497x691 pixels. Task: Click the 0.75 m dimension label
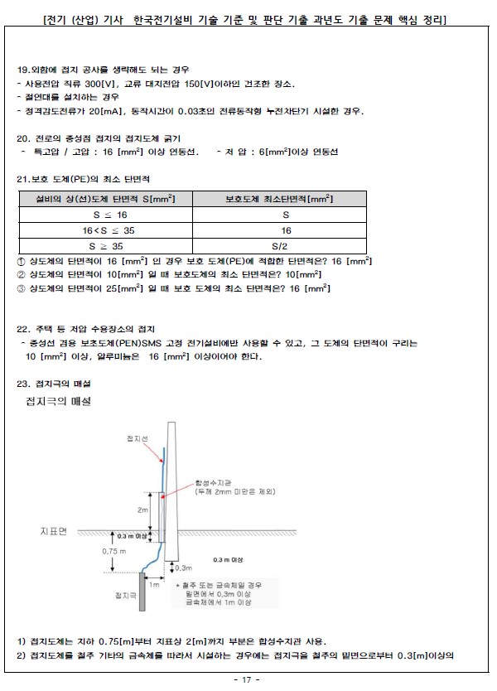tap(114, 550)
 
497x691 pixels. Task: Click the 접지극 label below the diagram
tap(125, 595)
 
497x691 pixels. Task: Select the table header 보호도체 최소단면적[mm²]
tap(279, 200)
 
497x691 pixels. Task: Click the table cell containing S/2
tap(279, 246)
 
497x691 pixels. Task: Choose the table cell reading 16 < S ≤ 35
tap(108, 230)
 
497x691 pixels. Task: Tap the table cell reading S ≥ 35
tap(108, 246)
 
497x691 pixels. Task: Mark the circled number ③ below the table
tap(22, 288)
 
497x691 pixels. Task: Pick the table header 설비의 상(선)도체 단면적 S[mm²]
tap(106, 200)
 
